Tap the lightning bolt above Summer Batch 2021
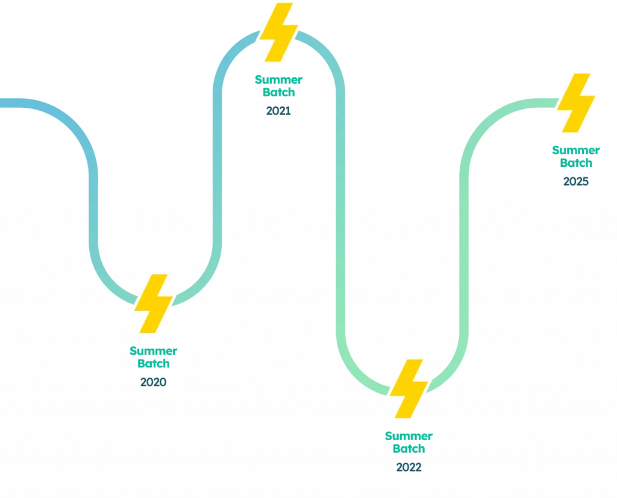tap(278, 33)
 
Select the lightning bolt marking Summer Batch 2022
tap(409, 388)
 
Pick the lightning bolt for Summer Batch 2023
tap(576, 102)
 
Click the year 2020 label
tap(154, 382)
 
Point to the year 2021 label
tap(278, 111)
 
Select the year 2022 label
tap(409, 467)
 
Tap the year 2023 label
tap(576, 181)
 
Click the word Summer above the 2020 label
tap(154, 351)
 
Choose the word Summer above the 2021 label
tap(278, 79)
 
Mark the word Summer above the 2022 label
tap(409, 436)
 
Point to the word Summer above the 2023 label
tap(576, 150)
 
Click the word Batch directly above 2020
tap(154, 364)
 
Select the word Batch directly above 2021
tap(278, 92)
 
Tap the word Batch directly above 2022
tap(409, 449)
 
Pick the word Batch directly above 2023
tap(576, 163)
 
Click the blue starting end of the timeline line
tap(4, 103)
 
